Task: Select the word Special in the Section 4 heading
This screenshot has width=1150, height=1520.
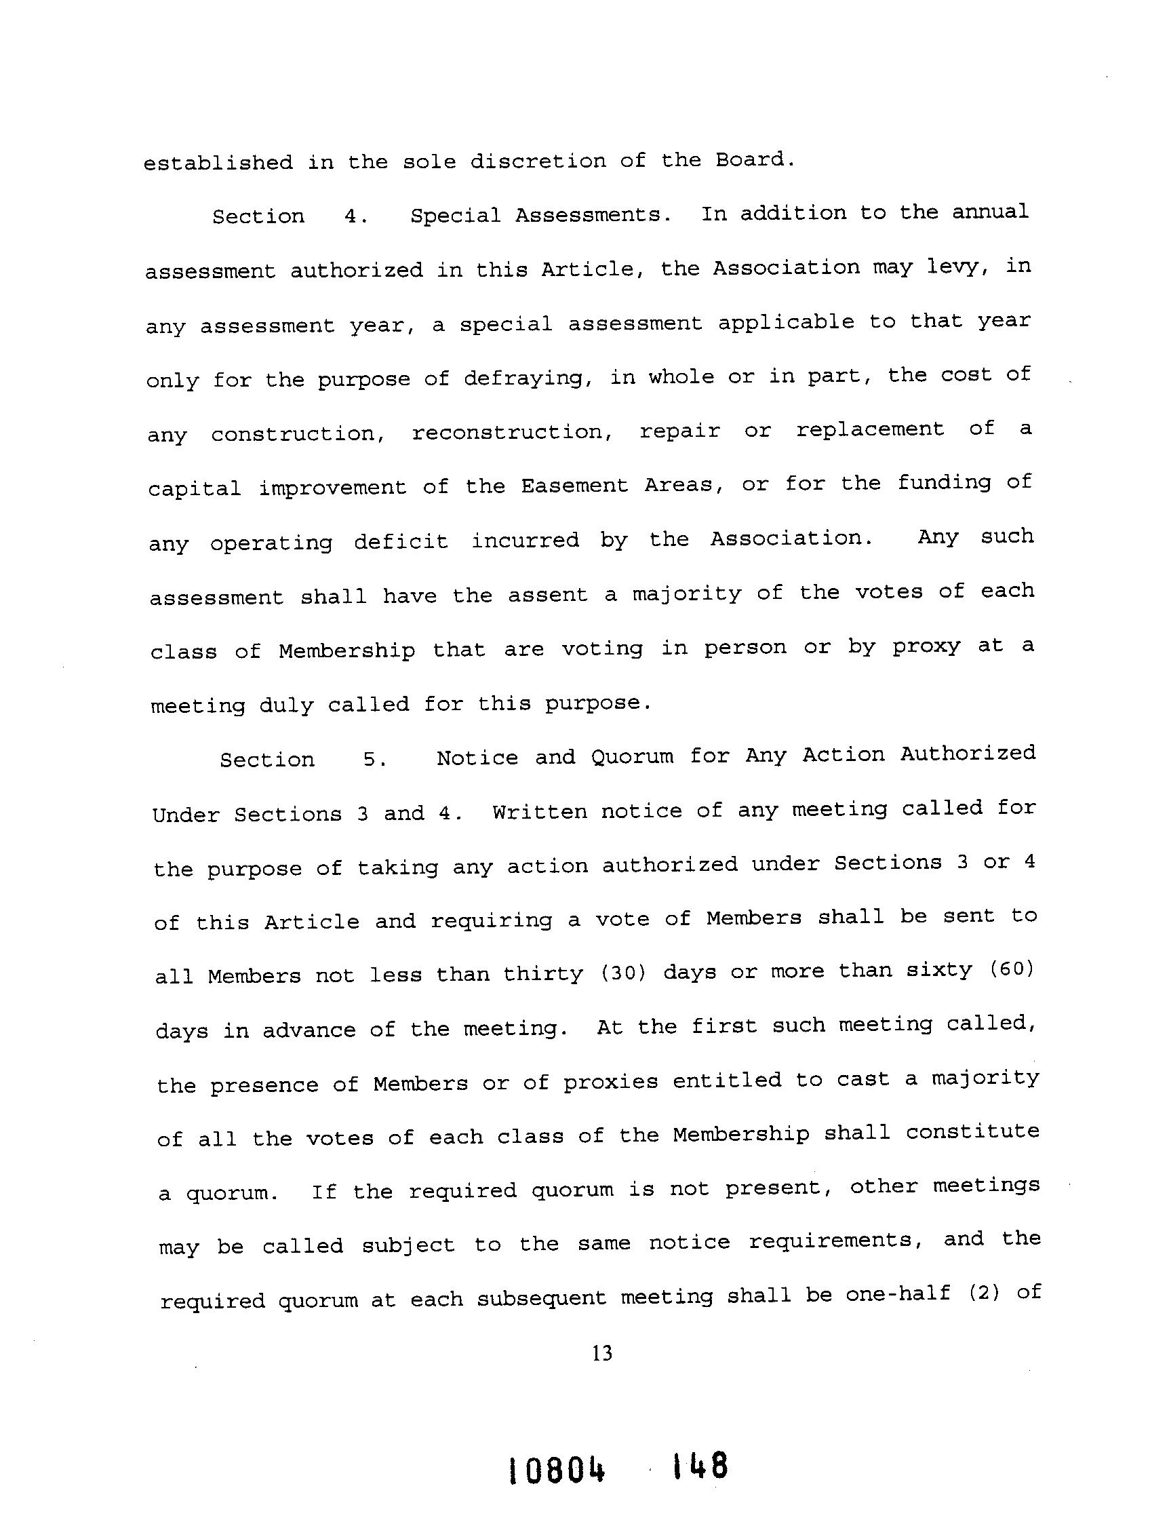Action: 456,216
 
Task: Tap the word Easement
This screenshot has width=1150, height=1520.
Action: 574,486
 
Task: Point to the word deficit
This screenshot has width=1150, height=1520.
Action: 401,541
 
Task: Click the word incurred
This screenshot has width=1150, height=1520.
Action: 526,540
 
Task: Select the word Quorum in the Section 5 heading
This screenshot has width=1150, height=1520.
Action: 632,756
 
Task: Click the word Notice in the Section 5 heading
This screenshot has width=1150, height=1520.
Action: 477,757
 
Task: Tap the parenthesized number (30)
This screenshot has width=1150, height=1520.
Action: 624,973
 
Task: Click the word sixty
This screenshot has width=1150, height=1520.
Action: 939,971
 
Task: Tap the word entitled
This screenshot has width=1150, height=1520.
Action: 727,1080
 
